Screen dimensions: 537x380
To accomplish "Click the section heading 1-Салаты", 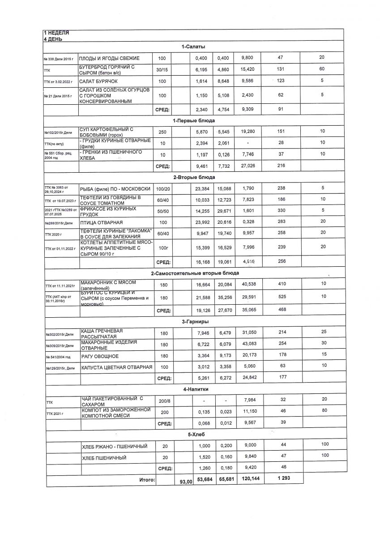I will pyautogui.click(x=193, y=47).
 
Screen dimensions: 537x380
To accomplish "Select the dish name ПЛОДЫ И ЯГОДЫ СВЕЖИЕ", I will pyautogui.click(x=109, y=59).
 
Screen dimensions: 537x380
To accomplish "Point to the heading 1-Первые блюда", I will pyautogui.click(x=193, y=121).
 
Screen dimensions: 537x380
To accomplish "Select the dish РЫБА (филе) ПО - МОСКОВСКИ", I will pyautogui.click(x=114, y=189).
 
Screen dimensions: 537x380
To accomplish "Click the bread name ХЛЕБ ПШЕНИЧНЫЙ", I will pyautogui.click(x=104, y=458).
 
